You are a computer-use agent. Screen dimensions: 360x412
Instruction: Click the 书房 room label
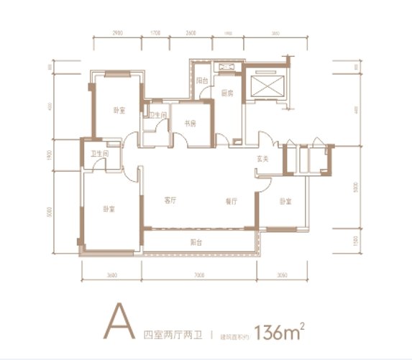(x=190, y=123)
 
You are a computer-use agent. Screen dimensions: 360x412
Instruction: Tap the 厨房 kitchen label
(x=226, y=93)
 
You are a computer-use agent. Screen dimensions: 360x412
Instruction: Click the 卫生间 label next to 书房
(x=158, y=115)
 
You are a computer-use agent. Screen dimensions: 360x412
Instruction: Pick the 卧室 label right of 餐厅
(x=285, y=202)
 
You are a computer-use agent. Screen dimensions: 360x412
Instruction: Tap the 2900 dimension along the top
(x=119, y=34)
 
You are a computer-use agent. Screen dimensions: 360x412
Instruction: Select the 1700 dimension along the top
(x=155, y=34)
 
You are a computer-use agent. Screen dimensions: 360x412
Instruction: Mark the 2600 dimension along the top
(x=191, y=34)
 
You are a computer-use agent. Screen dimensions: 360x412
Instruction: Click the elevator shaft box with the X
(x=264, y=86)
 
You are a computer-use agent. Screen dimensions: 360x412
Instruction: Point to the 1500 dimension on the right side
(x=357, y=241)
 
